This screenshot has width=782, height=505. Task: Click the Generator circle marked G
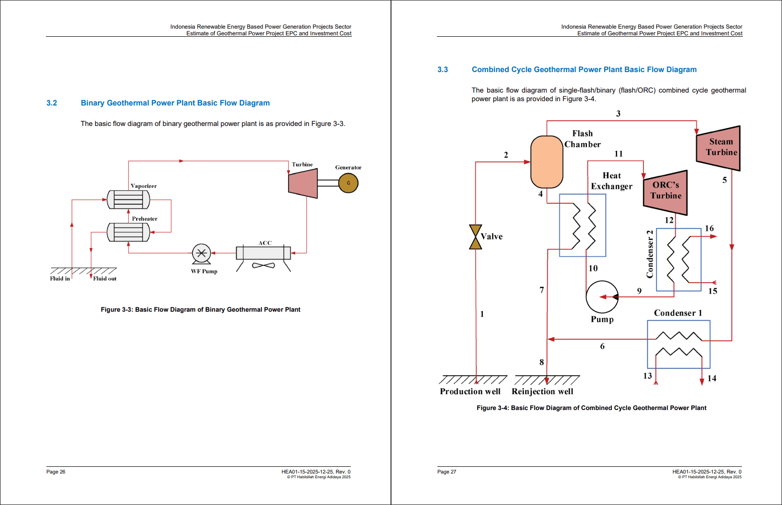tap(348, 183)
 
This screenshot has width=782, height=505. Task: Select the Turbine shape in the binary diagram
tap(303, 183)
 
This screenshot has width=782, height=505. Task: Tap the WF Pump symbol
tap(201, 253)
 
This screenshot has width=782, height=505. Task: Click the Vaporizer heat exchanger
tap(128, 200)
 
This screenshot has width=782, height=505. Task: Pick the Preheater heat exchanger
tap(128, 232)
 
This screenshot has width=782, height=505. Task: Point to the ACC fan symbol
tap(263, 265)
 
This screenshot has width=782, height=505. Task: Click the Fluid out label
tap(105, 279)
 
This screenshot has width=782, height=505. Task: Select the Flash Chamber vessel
tap(547, 162)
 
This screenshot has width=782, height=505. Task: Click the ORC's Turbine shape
tap(665, 192)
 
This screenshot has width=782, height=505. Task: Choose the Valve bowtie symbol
tap(476, 237)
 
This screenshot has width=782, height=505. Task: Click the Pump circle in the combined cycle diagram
tap(602, 296)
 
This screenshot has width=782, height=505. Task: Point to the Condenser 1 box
tap(678, 344)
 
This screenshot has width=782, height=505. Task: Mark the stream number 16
tap(709, 229)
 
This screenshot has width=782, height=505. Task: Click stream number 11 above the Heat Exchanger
tap(619, 154)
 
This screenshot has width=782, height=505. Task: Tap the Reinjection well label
tap(542, 391)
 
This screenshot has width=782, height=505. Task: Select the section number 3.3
tap(443, 70)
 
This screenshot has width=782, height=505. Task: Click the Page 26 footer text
tap(56, 472)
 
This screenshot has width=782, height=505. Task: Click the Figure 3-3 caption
tap(200, 310)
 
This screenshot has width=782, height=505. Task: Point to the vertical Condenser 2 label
tap(650, 254)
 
